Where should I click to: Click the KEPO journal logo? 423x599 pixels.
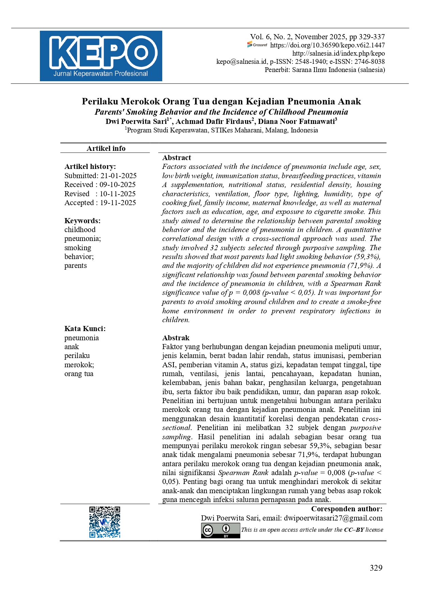tap(101, 56)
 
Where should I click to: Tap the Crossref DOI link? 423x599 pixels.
tap(327, 45)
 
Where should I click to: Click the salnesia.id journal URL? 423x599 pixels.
tap(338, 53)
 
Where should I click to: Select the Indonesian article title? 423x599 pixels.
tap(221, 101)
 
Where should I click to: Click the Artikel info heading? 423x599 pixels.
tap(106, 148)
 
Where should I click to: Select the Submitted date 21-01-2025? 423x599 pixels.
tap(118, 176)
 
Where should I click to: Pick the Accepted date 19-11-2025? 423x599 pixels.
tap(118, 203)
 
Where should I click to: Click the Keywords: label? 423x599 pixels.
tap(82, 221)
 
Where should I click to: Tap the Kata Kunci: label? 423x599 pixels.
tap(85, 329)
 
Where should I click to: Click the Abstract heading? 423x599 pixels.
tap(177, 158)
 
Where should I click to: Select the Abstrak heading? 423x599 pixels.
tap(176, 338)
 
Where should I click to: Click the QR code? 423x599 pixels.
tap(105, 522)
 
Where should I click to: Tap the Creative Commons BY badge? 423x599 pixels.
tap(221, 530)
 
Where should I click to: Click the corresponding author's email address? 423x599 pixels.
tap(333, 518)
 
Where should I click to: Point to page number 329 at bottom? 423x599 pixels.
tap(376, 568)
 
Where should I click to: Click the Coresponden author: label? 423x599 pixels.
tap(347, 509)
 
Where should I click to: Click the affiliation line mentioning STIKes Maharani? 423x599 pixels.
tap(222, 130)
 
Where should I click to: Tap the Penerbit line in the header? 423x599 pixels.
tap(324, 70)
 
